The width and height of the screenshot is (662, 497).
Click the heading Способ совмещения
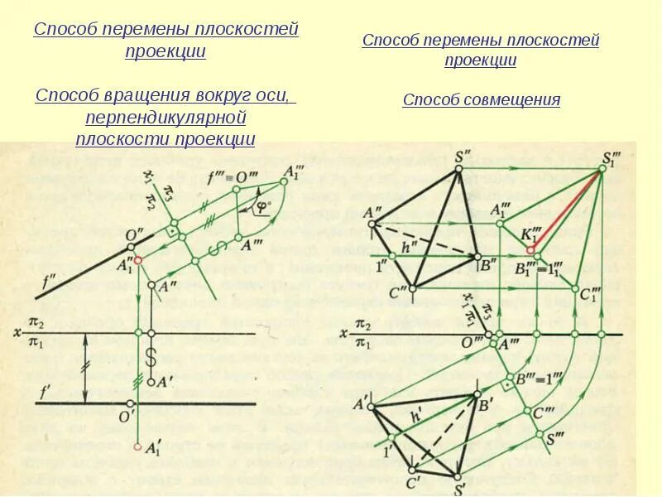pos(481,100)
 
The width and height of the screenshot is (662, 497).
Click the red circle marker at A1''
pos(137,260)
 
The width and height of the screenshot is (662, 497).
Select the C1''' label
pos(589,296)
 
